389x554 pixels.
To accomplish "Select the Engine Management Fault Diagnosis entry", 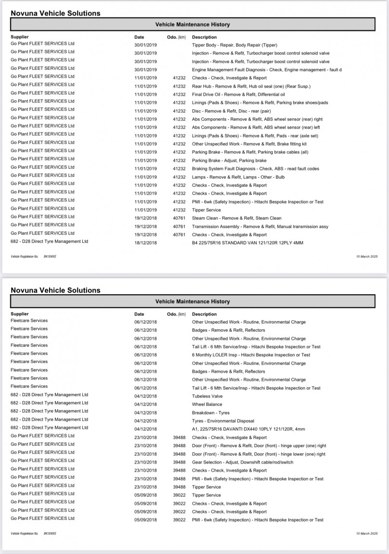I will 267,70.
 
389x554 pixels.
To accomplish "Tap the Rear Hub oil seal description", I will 251,87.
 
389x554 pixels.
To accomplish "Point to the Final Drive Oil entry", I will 238,95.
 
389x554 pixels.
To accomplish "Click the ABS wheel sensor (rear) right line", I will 257,119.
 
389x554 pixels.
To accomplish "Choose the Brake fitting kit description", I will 249,144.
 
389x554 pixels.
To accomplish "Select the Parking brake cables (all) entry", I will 250,152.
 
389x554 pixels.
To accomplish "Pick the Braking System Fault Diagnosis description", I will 255,169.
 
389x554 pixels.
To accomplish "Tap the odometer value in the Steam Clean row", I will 179,218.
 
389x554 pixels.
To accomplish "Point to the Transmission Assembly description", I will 260,227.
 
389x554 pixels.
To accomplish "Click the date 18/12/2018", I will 145,243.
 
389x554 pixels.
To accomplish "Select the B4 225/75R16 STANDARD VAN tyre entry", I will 247,243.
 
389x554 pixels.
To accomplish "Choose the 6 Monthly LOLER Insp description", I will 251,355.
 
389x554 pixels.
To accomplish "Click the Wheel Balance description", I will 207,404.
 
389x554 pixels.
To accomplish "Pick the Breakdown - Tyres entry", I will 211,413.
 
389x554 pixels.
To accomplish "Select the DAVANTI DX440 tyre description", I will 248,429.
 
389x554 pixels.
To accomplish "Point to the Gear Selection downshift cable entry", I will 243,462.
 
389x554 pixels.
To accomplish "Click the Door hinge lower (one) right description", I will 259,454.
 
